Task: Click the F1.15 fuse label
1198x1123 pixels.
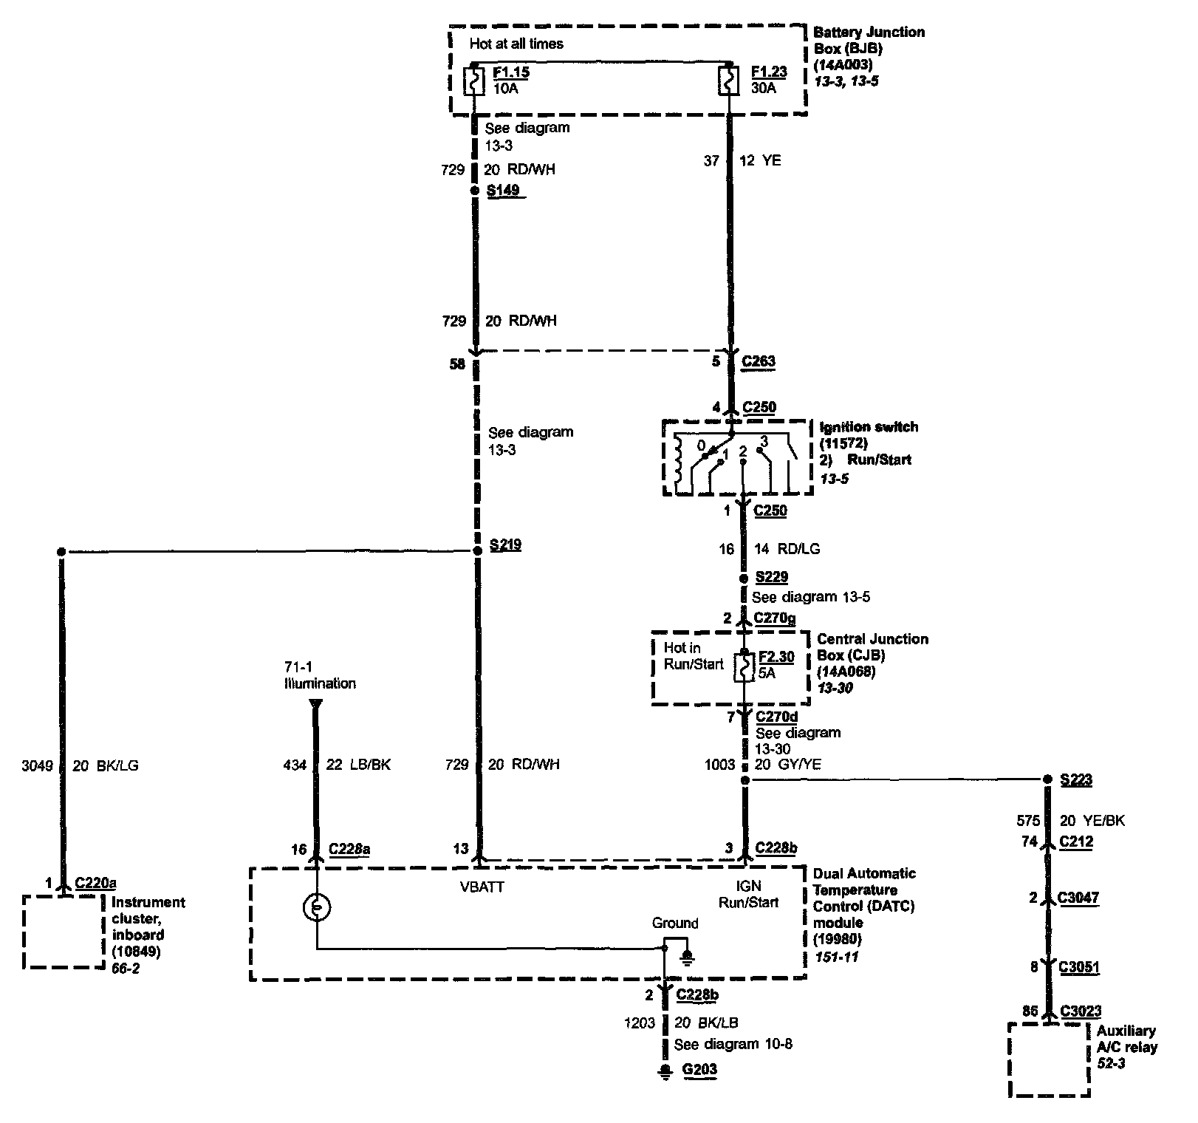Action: (x=510, y=73)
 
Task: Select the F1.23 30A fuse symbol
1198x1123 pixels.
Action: (x=730, y=81)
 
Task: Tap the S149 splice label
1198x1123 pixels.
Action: (x=503, y=190)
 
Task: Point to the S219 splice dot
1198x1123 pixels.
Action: (x=477, y=551)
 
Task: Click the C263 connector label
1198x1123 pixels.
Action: (x=759, y=361)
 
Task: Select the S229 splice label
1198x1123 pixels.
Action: (x=771, y=577)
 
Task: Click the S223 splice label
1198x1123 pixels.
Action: (x=1075, y=779)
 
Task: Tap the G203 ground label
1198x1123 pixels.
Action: (x=699, y=1069)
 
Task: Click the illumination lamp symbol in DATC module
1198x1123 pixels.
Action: (x=316, y=908)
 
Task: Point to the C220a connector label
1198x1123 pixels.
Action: (x=96, y=882)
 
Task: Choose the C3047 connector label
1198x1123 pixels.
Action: (x=1078, y=898)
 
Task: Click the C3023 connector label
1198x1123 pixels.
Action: (x=1081, y=1011)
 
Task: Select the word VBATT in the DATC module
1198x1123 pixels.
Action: (x=482, y=887)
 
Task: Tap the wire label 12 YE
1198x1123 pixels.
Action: (x=760, y=160)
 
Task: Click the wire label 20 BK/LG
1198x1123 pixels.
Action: (x=106, y=766)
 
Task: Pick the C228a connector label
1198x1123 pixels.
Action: (x=349, y=850)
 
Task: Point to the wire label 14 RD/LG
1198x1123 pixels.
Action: (x=787, y=549)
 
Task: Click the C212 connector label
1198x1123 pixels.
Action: (x=1076, y=841)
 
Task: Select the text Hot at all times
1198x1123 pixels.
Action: (x=516, y=44)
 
